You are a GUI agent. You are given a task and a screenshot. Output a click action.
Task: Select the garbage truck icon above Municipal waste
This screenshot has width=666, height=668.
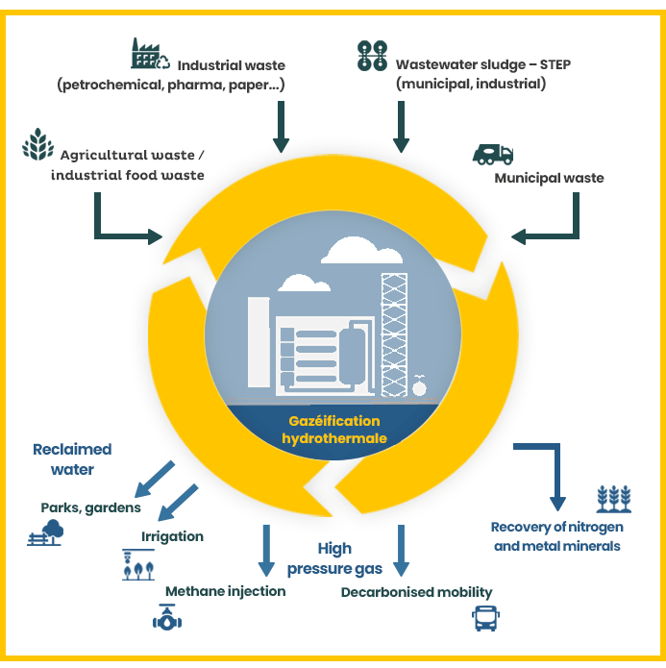click(x=493, y=153)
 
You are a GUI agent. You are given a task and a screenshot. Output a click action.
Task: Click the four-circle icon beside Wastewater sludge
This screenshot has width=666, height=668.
click(x=372, y=56)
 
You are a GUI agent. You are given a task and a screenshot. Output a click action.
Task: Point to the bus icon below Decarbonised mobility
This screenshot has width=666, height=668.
click(x=486, y=618)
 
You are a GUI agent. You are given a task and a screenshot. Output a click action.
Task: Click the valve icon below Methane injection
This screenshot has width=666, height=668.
click(x=168, y=619)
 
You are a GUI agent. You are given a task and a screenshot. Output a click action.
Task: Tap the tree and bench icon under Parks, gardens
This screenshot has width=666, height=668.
click(x=46, y=532)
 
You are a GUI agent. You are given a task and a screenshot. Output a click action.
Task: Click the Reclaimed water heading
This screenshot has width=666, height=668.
click(x=72, y=459)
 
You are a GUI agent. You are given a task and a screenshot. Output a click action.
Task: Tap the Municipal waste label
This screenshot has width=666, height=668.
click(x=549, y=178)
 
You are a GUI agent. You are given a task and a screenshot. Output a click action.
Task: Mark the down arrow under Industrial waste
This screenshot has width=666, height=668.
click(x=281, y=126)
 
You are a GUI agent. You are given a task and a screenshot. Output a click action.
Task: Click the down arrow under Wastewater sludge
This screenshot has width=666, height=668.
click(x=401, y=126)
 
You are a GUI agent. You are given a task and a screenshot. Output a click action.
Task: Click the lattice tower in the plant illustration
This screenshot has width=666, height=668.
click(x=394, y=336)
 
